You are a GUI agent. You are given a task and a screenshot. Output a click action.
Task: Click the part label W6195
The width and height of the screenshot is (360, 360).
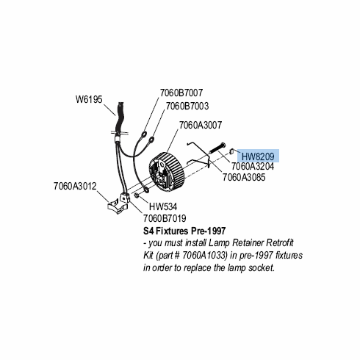click(89, 100)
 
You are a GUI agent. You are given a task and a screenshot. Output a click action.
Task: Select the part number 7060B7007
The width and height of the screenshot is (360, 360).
click(181, 93)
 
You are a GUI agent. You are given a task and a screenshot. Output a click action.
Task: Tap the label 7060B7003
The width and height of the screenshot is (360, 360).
click(187, 106)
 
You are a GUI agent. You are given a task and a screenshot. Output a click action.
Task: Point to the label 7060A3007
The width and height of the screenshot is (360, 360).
click(201, 125)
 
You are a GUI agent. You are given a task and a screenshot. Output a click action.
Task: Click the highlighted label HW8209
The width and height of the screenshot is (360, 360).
click(258, 156)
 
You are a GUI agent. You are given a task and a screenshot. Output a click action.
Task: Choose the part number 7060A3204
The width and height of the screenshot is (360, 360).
click(253, 167)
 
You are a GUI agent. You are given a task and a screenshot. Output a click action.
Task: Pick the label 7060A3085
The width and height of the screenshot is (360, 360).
click(244, 177)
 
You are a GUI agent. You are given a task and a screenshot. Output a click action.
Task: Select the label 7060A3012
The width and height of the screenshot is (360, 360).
click(75, 187)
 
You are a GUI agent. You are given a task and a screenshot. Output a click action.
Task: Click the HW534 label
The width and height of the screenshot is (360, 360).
click(163, 206)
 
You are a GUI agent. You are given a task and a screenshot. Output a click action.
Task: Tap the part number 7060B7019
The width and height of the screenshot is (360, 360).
click(165, 218)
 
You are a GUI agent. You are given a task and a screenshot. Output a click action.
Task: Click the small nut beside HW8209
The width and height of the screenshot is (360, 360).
click(232, 151)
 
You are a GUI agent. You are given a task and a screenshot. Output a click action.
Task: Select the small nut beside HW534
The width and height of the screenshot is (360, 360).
click(137, 195)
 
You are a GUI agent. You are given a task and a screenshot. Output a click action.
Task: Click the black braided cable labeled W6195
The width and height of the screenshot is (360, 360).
click(120, 119)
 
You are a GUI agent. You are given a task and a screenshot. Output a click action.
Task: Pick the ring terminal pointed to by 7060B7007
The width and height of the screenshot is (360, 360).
click(143, 134)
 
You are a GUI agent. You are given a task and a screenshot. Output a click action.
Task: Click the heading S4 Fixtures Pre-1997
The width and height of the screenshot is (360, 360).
click(184, 231)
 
